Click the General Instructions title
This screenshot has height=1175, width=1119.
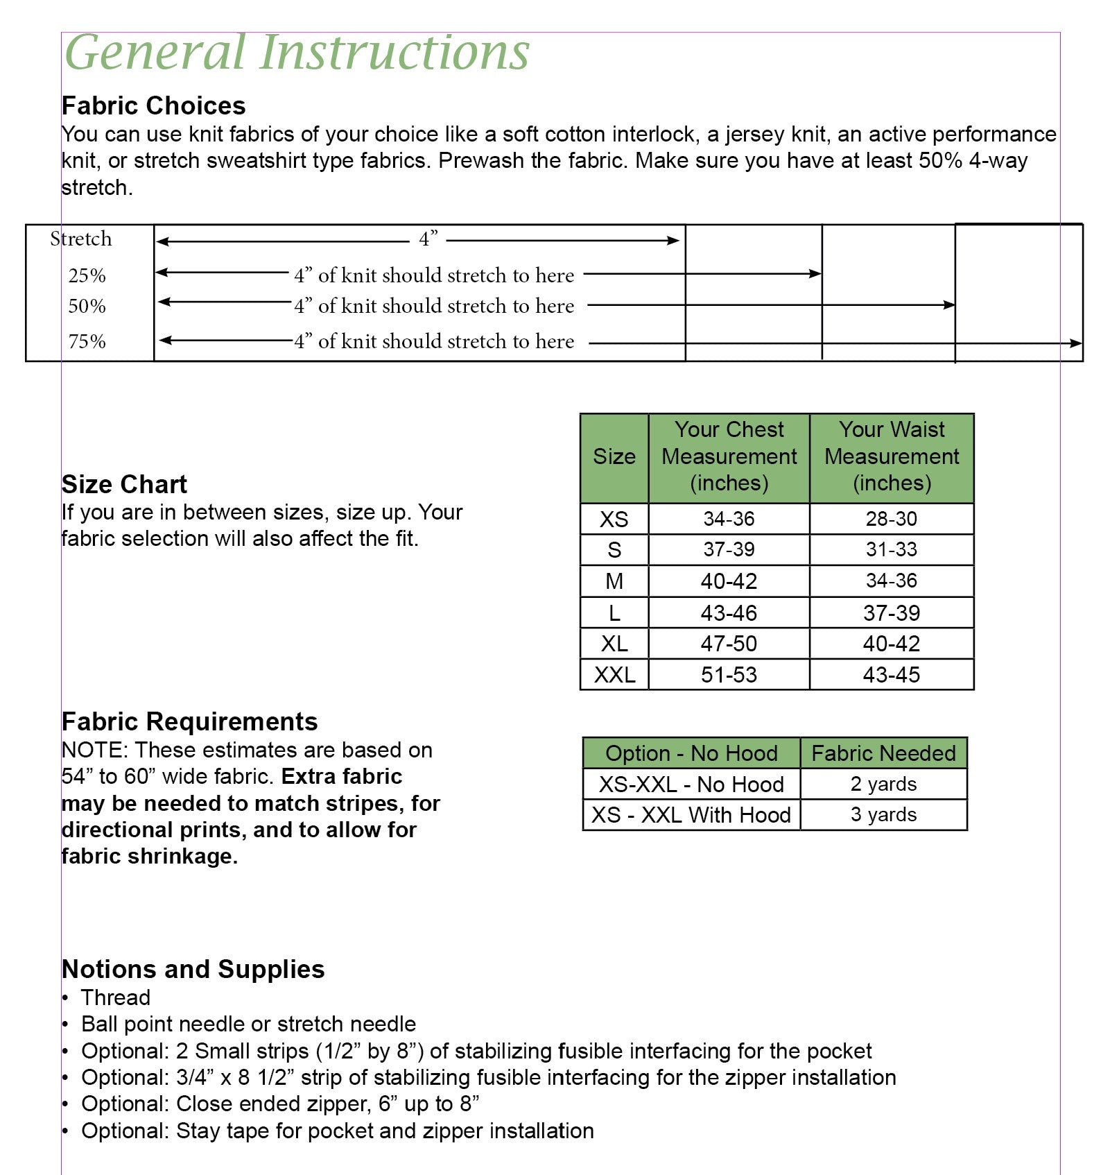[297, 53]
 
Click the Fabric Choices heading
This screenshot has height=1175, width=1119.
[153, 106]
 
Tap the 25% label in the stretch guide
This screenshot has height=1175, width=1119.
[87, 276]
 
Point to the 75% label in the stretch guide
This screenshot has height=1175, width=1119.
[87, 342]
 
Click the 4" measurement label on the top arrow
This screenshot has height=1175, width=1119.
[428, 239]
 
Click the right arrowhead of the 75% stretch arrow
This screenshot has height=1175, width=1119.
[1075, 343]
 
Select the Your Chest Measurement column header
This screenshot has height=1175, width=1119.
[729, 456]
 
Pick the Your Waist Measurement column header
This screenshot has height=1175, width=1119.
[892, 456]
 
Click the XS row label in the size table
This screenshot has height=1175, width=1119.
[614, 520]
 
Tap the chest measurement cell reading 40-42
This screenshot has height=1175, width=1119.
[729, 581]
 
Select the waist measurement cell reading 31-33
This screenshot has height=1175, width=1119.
[892, 550]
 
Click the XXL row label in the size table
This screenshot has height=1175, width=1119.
[614, 675]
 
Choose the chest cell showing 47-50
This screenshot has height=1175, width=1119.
[729, 644]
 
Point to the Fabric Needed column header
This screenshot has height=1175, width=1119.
[883, 753]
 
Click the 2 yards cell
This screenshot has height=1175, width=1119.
[883, 784]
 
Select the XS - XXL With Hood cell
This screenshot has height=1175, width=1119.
[691, 815]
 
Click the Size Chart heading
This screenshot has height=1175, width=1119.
[124, 484]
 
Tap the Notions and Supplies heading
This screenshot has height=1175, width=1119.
[193, 969]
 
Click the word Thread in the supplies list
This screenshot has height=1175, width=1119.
[116, 997]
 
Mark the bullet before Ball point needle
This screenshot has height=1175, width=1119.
[65, 1025]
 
